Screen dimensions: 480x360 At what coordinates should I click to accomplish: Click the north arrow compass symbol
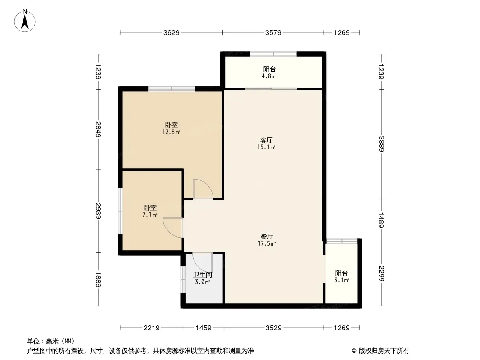[x=25, y=21]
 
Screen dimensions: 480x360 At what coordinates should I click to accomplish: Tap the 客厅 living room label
[x=266, y=140]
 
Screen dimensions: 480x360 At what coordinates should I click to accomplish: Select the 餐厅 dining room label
[x=267, y=236]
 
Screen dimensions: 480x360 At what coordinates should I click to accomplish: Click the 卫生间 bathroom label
[x=202, y=274]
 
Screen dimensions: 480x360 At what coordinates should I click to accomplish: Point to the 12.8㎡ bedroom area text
[x=171, y=132]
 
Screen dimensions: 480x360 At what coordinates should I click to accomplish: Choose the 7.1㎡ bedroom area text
[x=149, y=215]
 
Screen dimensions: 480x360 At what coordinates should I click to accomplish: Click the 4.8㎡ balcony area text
[x=269, y=76]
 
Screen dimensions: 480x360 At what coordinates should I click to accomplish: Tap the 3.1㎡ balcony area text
[x=341, y=280]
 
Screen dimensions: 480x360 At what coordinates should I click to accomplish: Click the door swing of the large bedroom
[x=203, y=189]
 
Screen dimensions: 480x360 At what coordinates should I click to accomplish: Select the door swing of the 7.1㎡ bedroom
[x=173, y=227]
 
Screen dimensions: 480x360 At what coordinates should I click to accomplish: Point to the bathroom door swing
[x=202, y=262]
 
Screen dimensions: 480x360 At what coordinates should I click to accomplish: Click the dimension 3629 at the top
[x=171, y=32]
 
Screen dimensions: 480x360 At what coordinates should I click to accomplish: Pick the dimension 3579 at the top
[x=273, y=32]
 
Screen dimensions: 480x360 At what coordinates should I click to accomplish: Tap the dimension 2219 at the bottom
[x=152, y=328]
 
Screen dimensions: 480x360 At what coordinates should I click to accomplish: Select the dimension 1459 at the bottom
[x=204, y=328]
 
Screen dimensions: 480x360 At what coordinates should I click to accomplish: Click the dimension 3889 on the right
[x=381, y=144]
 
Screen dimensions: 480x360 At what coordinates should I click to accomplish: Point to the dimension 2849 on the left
[x=98, y=130]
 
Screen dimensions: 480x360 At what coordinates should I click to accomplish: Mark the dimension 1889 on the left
[x=98, y=279]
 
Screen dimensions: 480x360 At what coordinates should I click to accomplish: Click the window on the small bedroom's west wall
[x=120, y=211]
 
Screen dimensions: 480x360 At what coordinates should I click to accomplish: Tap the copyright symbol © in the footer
[x=354, y=351]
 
